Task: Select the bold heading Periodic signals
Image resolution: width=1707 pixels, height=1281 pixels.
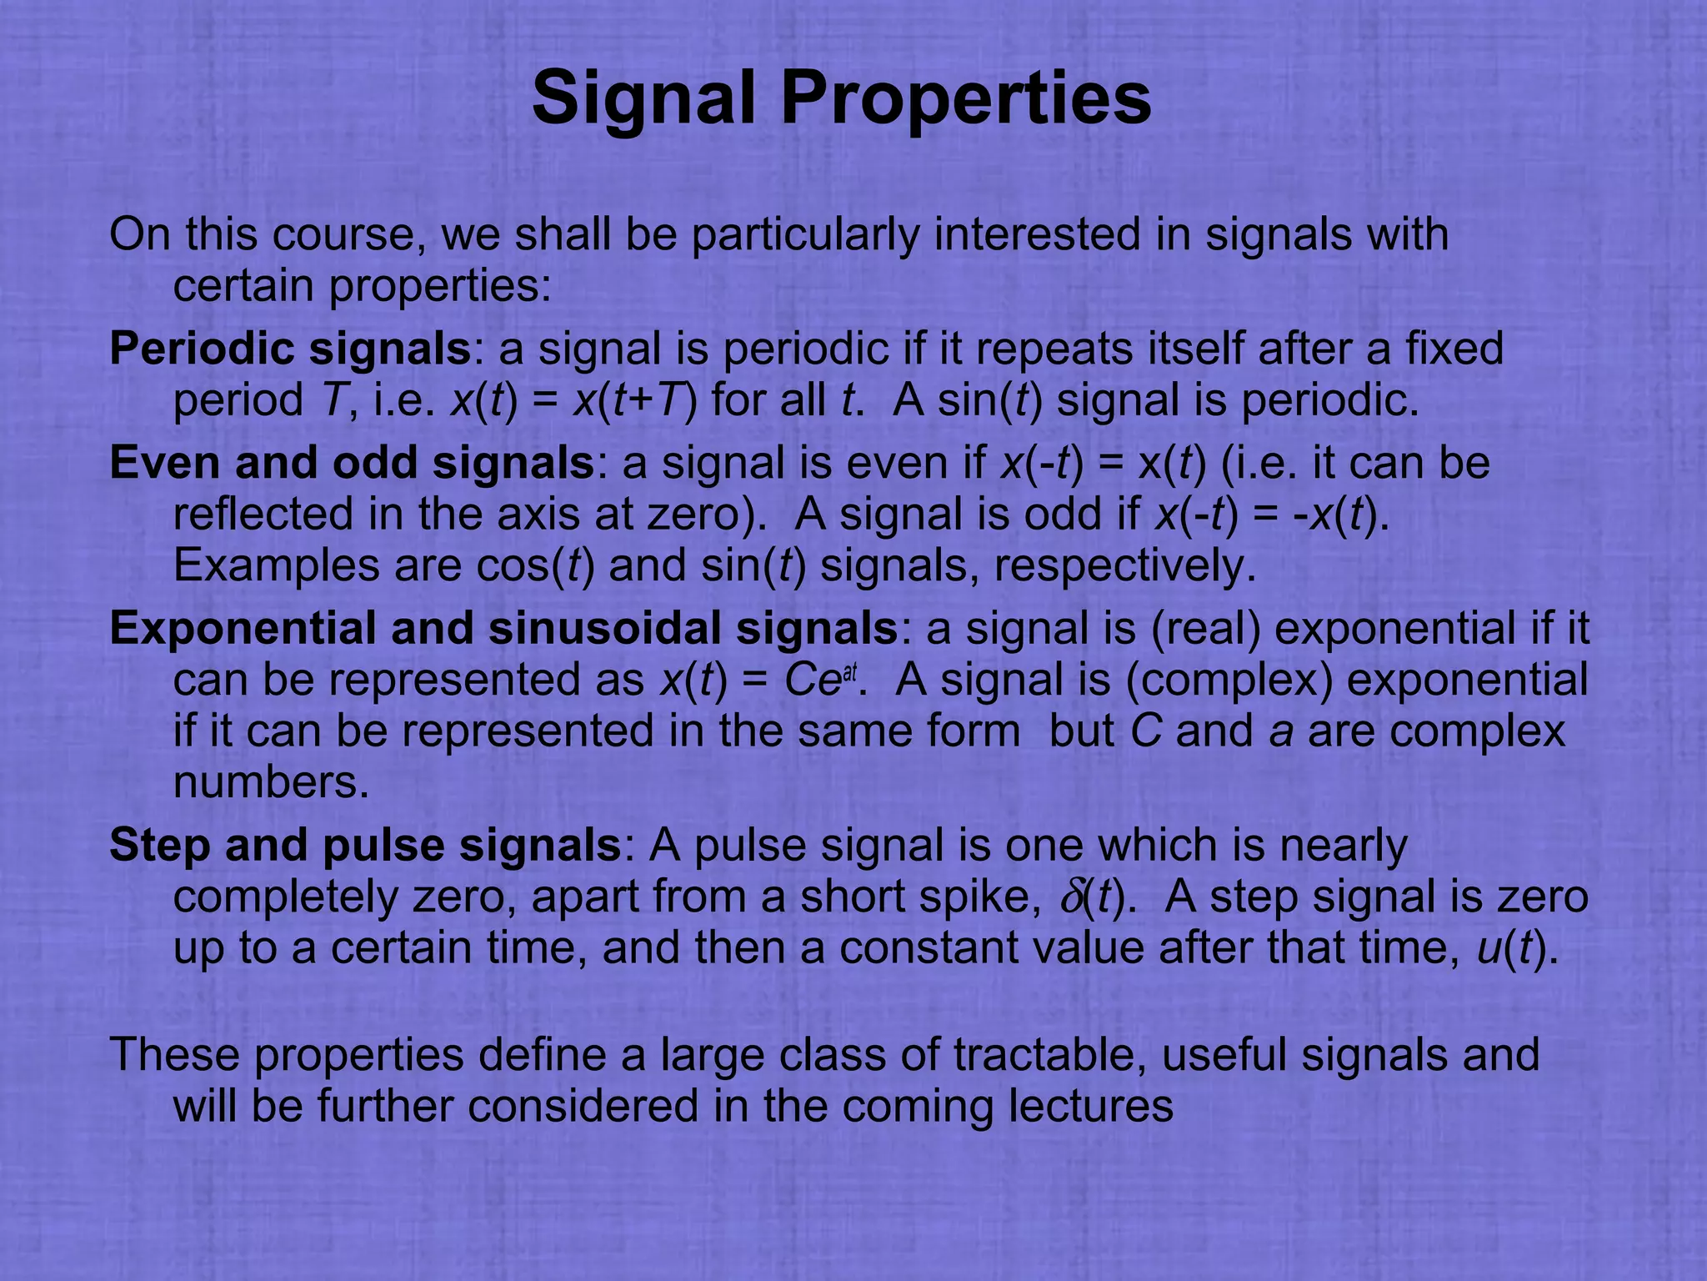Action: pyautogui.click(x=291, y=349)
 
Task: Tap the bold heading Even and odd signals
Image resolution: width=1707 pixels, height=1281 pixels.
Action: pyautogui.click(x=351, y=463)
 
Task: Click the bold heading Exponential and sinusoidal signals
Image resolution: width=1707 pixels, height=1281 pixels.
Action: pyautogui.click(x=503, y=628)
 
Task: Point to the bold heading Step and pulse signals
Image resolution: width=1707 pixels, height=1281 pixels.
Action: pyautogui.click(x=365, y=845)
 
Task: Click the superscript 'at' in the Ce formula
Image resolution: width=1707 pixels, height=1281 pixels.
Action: pyautogui.click(x=849, y=672)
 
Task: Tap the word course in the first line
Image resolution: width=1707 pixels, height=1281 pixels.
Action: pyautogui.click(x=343, y=234)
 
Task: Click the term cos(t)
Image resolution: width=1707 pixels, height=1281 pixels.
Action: pyautogui.click(x=535, y=567)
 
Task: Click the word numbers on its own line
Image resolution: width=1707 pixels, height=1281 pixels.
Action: pyautogui.click(x=270, y=783)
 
